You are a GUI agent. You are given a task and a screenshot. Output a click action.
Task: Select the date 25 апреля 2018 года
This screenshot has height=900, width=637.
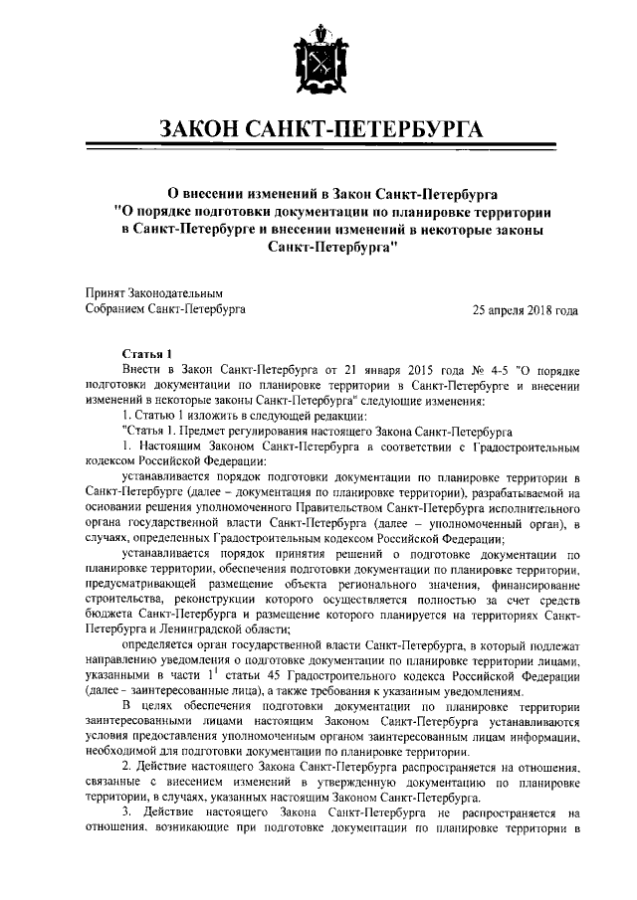(525, 310)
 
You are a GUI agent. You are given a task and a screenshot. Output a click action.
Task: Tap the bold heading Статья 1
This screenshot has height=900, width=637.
(146, 353)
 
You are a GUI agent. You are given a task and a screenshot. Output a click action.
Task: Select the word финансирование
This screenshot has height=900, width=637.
(531, 585)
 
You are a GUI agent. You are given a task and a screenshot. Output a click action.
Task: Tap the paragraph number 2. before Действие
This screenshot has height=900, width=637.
(125, 769)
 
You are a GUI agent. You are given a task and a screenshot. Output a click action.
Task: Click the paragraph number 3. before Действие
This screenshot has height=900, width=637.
(125, 814)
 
